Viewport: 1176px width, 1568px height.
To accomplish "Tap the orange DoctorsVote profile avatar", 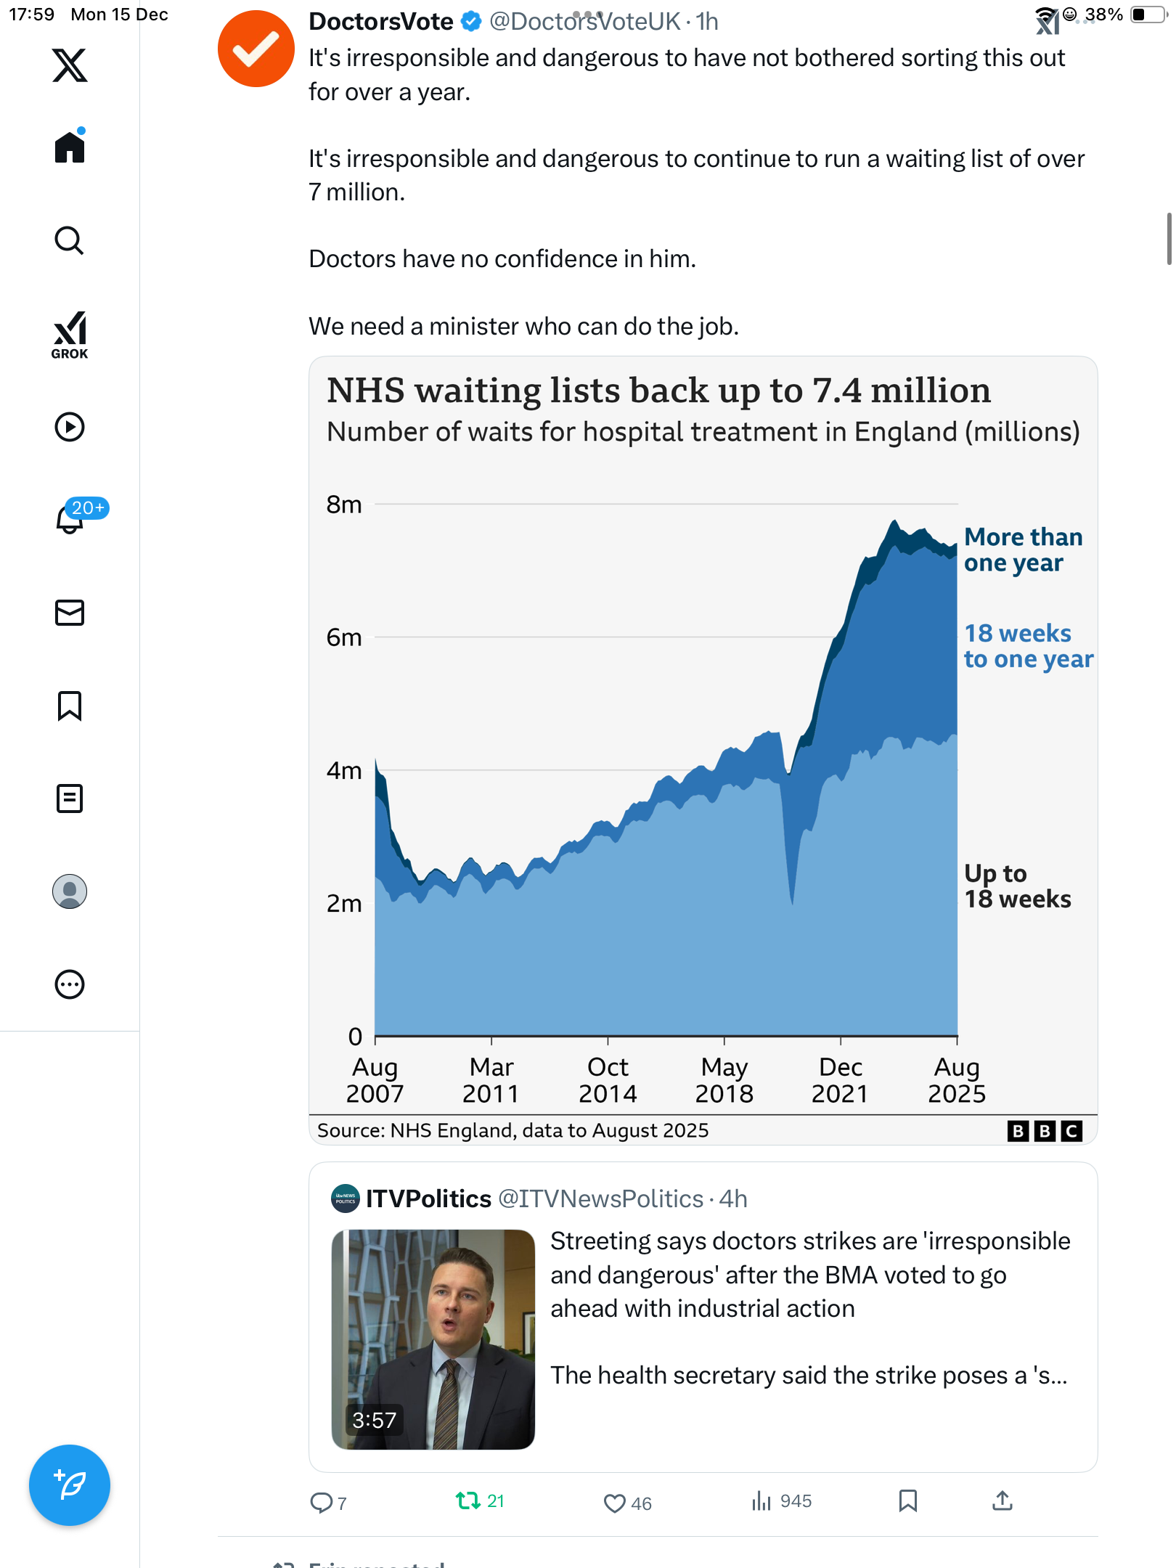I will (256, 49).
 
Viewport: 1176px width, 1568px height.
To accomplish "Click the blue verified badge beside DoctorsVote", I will (471, 22).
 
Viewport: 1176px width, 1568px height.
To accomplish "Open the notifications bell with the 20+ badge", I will (70, 518).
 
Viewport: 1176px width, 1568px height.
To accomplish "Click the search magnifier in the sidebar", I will (70, 241).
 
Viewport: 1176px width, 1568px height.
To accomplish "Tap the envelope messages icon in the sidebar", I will (70, 613).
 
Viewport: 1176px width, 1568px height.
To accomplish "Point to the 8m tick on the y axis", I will (344, 504).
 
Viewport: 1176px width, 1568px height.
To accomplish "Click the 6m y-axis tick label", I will (344, 637).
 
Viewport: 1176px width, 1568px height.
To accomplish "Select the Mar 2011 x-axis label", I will (491, 1080).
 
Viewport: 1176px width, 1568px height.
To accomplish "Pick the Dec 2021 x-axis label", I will (840, 1080).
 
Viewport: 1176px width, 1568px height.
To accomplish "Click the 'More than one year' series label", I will (1023, 550).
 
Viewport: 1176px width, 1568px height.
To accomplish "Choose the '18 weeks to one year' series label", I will (1028, 646).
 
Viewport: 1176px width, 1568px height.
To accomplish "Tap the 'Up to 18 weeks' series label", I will (1017, 886).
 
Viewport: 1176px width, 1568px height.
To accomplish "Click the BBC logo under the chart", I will (1045, 1131).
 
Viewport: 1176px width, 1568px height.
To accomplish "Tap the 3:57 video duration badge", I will (374, 1420).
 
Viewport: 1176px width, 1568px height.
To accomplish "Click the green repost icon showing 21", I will (467, 1500).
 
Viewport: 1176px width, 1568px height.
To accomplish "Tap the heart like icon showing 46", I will (614, 1503).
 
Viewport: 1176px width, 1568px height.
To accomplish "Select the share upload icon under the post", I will (1002, 1500).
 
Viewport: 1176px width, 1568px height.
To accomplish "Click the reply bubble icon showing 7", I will (320, 1503).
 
